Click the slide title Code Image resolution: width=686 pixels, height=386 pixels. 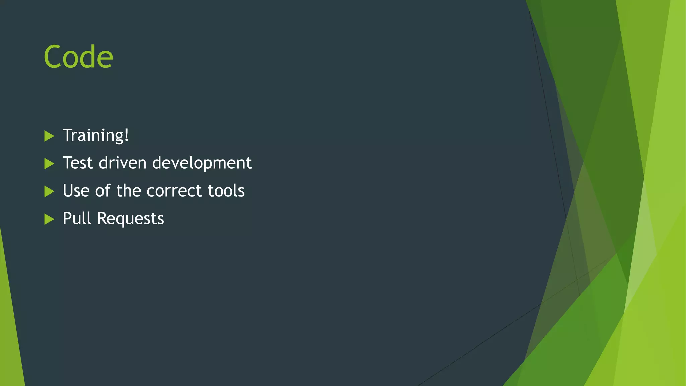tap(78, 57)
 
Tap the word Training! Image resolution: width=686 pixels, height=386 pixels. tap(95, 135)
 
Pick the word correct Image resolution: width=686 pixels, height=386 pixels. tap(174, 191)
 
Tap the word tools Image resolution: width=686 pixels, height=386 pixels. tap(226, 191)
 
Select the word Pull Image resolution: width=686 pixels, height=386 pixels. tap(77, 218)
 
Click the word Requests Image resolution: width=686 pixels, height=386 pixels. tap(130, 219)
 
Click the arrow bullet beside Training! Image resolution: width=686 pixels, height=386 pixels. tap(49, 136)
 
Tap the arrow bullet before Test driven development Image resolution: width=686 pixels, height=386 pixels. tap(49, 164)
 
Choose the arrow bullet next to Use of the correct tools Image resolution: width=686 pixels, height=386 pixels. tap(49, 191)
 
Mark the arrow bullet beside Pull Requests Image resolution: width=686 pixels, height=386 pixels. tap(49, 219)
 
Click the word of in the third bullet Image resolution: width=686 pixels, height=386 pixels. tap(102, 191)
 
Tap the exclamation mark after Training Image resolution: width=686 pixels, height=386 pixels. tap(126, 135)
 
